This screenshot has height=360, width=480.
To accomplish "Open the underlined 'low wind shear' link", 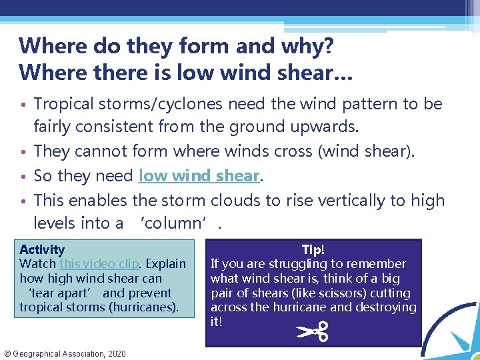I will [x=199, y=176].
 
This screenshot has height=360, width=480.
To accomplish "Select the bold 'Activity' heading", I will [x=42, y=250].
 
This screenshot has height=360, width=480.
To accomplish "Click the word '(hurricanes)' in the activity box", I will [x=145, y=307].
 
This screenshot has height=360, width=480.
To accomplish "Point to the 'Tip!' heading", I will [x=313, y=249].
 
